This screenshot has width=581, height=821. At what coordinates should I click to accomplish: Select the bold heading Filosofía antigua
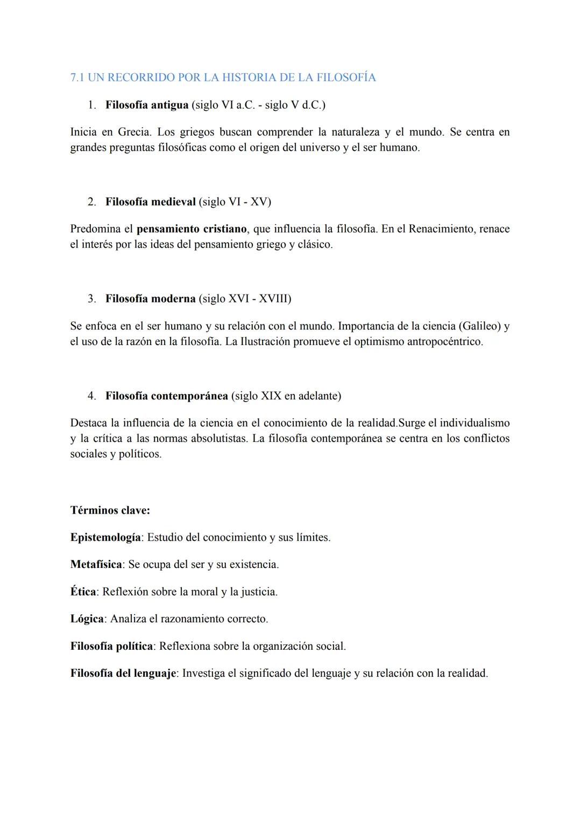(147, 105)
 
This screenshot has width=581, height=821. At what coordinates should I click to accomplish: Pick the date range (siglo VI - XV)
(235, 202)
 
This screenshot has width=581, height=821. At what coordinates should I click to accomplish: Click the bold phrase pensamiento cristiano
(192, 229)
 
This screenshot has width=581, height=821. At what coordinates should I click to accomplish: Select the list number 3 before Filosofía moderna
(91, 299)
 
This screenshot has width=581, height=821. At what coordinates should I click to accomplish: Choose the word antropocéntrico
(444, 342)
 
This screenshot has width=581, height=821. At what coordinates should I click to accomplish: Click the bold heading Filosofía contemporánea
(167, 396)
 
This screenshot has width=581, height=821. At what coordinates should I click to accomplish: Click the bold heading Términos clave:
(110, 510)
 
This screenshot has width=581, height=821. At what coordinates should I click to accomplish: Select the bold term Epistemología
(105, 537)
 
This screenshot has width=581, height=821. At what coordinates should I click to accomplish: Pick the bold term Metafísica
(96, 565)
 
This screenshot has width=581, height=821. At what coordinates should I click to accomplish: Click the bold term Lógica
(87, 619)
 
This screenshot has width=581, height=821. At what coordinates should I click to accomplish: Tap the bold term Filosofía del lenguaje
(123, 673)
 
